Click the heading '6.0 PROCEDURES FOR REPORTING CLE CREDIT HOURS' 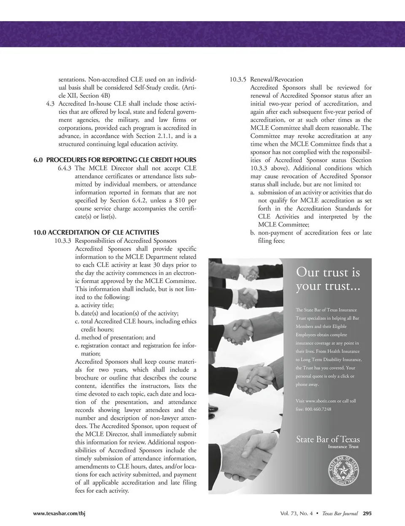point(115,160)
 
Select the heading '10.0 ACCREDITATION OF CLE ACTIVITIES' point(96,232)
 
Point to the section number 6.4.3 point(65,168)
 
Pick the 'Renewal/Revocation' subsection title point(277,79)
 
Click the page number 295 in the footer point(367,513)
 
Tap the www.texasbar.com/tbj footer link point(59,513)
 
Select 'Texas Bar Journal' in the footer point(340,513)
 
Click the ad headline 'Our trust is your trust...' point(328,279)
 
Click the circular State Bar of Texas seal point(343,471)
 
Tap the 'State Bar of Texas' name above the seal point(328,440)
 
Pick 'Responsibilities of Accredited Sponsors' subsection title point(126,241)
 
